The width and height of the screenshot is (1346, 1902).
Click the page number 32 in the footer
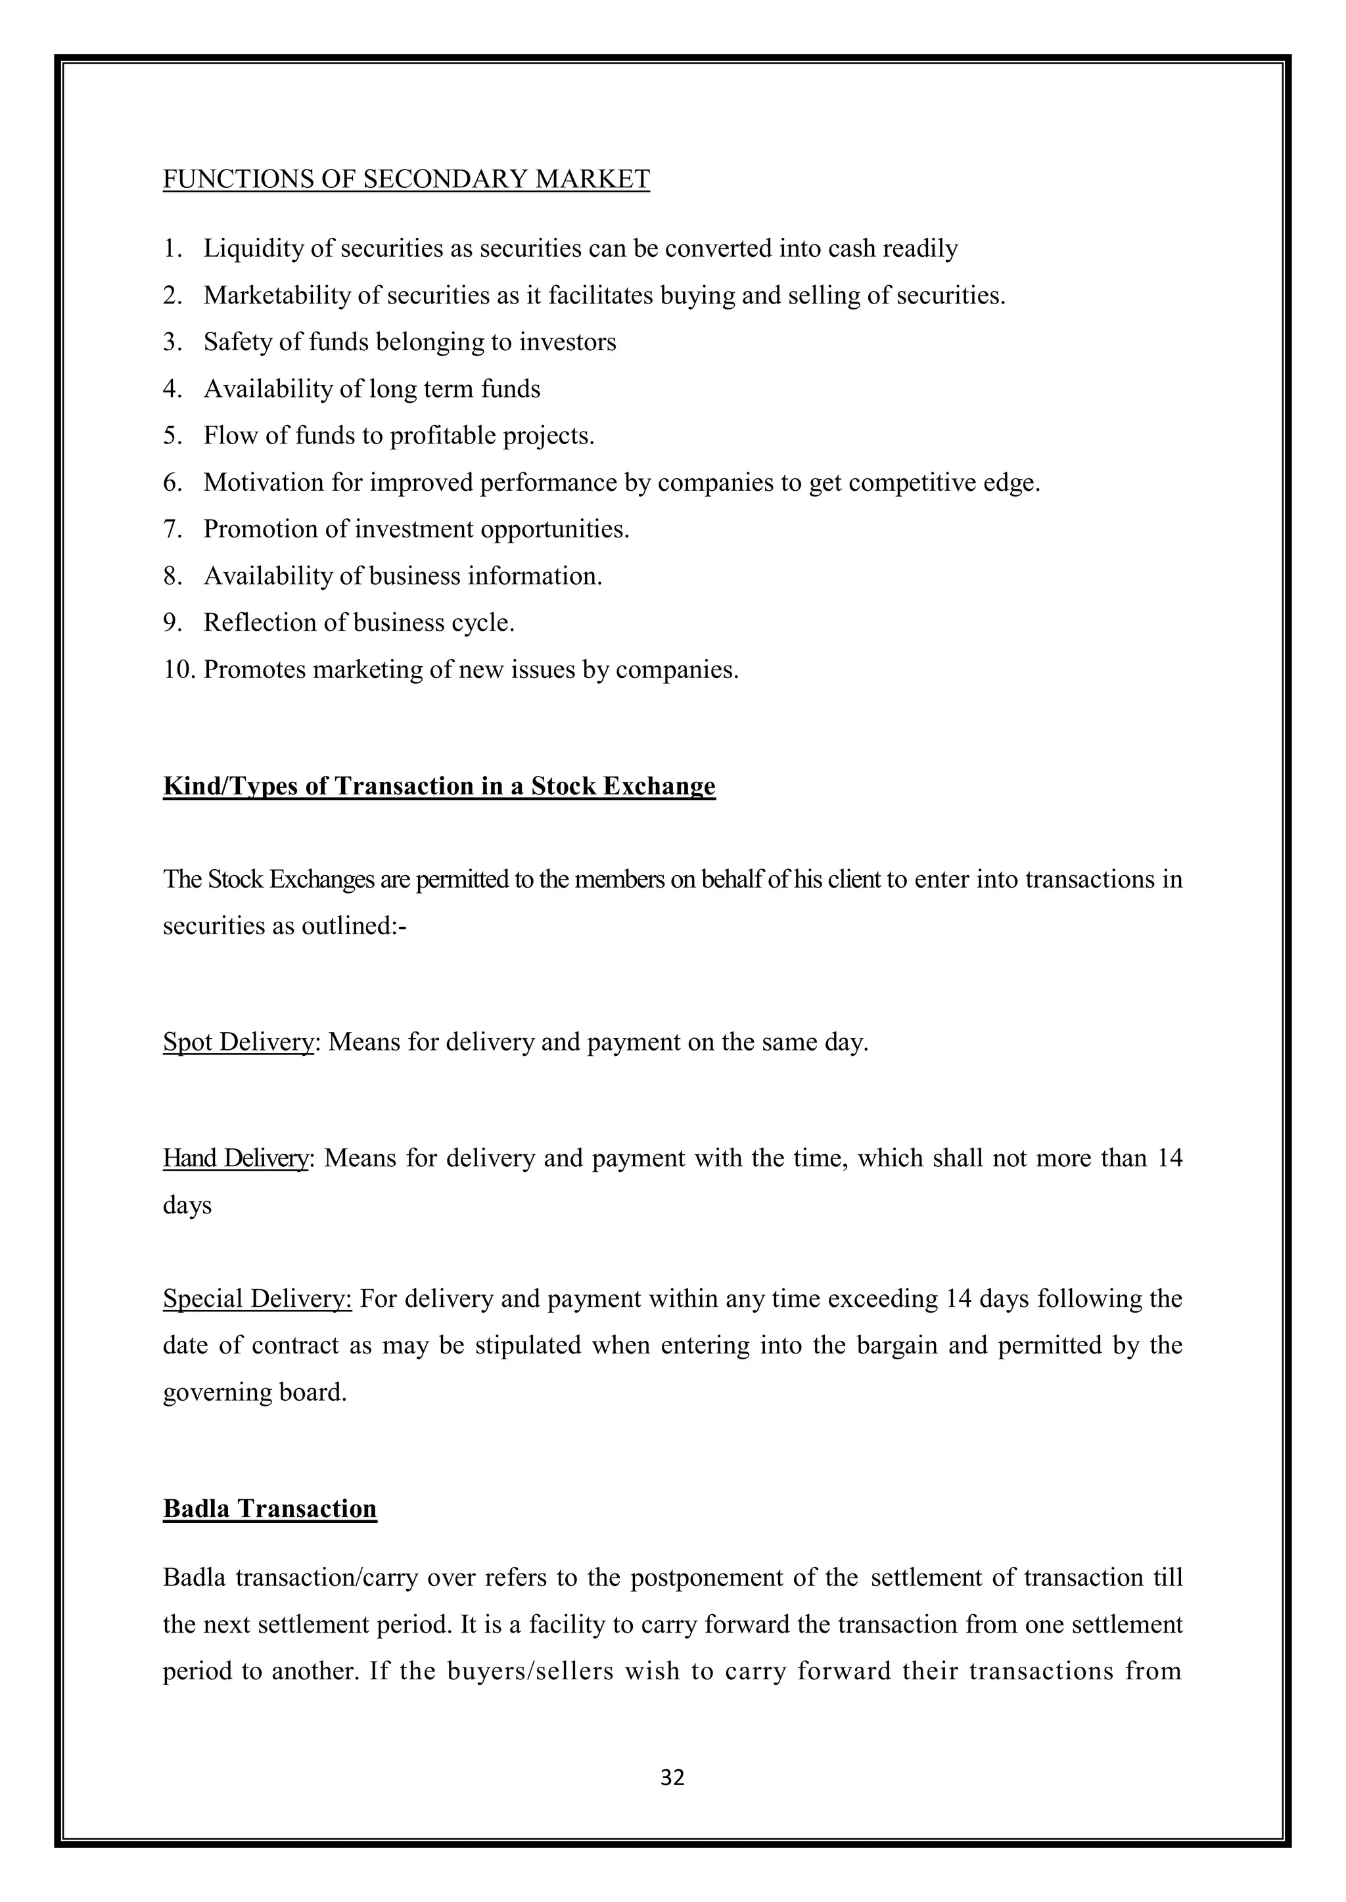click(x=672, y=1777)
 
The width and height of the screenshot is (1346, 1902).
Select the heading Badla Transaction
click(x=269, y=1508)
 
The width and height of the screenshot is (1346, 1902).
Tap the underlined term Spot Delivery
click(x=238, y=1042)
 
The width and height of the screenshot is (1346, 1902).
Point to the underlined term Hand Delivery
click(x=235, y=1158)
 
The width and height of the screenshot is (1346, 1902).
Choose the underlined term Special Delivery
click(x=257, y=1298)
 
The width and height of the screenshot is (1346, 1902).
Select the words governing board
click(x=254, y=1393)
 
